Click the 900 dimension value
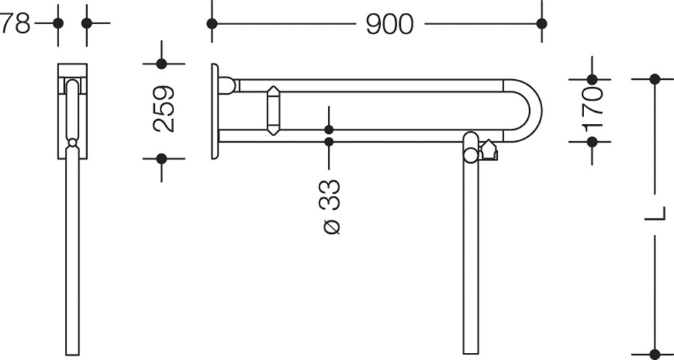389,24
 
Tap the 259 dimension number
164,108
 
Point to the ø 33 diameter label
330,207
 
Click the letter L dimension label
655,214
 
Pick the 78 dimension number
16,24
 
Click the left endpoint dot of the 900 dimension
212,24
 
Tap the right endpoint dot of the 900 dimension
541,24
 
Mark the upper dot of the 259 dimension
162,64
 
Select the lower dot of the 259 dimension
162,159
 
